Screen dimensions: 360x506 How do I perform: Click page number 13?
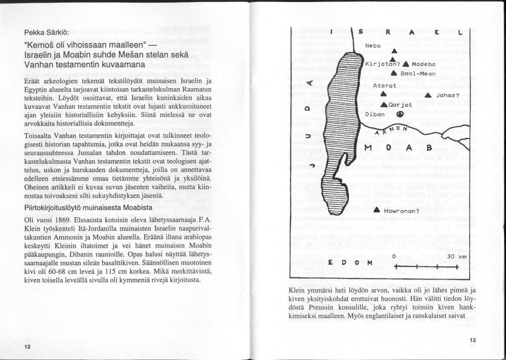click(473, 341)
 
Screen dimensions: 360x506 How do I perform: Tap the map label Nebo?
click(373, 46)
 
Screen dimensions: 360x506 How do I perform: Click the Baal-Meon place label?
click(418, 74)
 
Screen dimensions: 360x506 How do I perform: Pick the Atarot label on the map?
click(384, 86)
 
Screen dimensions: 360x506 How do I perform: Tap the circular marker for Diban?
click(400, 114)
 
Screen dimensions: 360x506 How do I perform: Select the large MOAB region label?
click(400, 148)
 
